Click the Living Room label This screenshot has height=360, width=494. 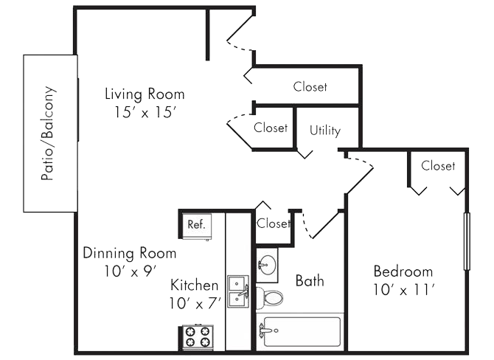(x=145, y=94)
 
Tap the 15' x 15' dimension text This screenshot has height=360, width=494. (x=145, y=112)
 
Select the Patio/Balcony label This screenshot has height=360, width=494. (x=49, y=134)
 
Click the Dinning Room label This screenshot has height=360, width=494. (x=129, y=253)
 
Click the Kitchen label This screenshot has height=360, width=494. (x=194, y=285)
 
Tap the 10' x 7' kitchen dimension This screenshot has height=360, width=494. (x=194, y=302)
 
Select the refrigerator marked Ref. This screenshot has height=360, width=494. (x=196, y=224)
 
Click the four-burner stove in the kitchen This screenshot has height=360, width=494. (x=196, y=336)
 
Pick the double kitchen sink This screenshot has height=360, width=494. (x=237, y=291)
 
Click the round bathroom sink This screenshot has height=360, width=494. (x=267, y=265)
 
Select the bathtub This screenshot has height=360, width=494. (x=302, y=333)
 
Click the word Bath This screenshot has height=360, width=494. (x=309, y=280)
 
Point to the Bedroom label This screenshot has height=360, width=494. (x=403, y=271)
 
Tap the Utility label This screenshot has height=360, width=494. (x=325, y=131)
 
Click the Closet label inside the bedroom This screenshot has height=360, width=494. (x=438, y=166)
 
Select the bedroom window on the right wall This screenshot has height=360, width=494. (x=466, y=240)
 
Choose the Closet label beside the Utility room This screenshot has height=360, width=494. (x=271, y=128)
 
